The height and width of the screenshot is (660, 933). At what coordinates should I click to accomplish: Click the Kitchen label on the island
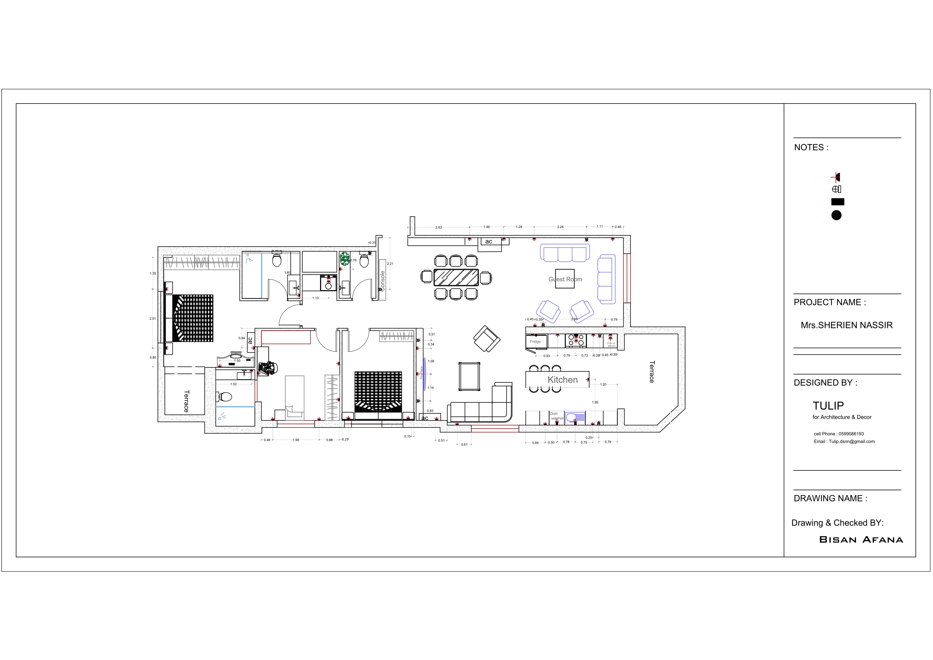pyautogui.click(x=563, y=380)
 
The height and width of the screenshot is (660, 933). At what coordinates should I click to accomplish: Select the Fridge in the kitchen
pyautogui.click(x=536, y=342)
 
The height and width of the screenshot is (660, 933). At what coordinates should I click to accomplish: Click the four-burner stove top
pyautogui.click(x=575, y=340)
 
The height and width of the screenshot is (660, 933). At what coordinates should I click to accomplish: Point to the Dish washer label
pyautogui.click(x=556, y=416)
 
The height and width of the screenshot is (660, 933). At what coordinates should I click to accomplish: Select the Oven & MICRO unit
pyautogui.click(x=611, y=344)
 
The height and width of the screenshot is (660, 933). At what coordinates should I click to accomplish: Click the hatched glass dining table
pyautogui.click(x=456, y=277)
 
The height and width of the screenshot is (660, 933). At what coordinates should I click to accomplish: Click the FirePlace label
pyautogui.click(x=422, y=372)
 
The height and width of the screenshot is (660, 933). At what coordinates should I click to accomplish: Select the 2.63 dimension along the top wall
pyautogui.click(x=438, y=227)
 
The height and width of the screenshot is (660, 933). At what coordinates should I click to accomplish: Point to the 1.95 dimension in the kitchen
pyautogui.click(x=595, y=402)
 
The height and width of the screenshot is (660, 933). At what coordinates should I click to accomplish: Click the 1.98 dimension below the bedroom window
pyautogui.click(x=296, y=440)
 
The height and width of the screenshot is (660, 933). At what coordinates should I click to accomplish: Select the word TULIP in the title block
pyautogui.click(x=828, y=405)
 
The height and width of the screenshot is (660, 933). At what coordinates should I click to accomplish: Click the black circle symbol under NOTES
pyautogui.click(x=836, y=215)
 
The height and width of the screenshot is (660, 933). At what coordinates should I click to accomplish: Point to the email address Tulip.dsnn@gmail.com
pyautogui.click(x=844, y=442)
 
